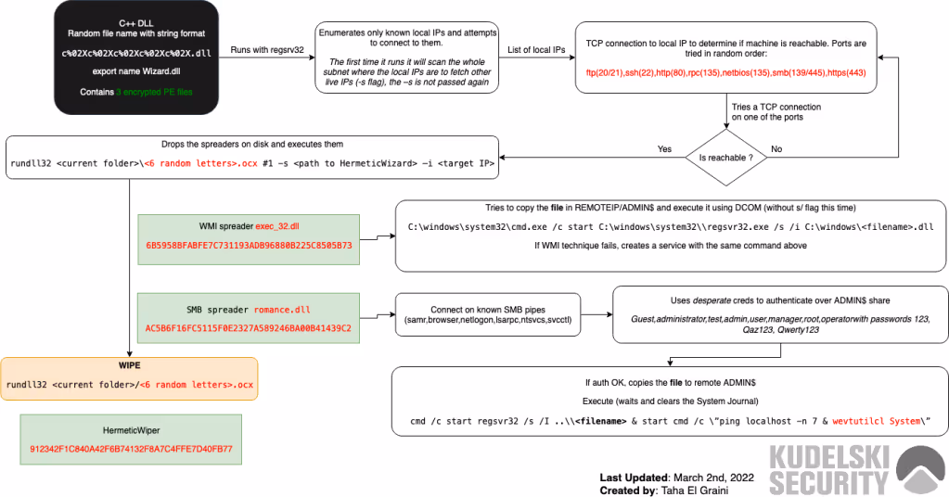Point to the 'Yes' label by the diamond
coord(663,148)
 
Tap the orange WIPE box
coord(129,377)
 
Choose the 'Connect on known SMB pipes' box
coord(489,314)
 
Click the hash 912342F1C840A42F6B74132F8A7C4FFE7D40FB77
coord(131,449)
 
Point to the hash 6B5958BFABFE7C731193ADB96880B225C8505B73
coord(248,248)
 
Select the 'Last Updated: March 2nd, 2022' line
coord(677,477)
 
